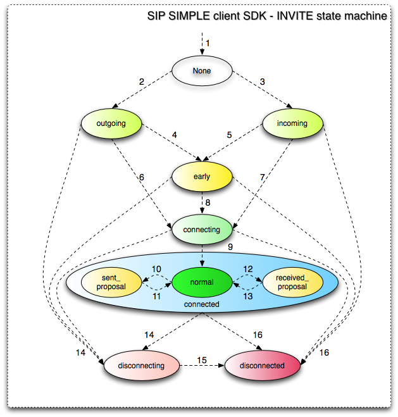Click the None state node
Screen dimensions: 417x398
(x=202, y=71)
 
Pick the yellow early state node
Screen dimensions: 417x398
(x=202, y=177)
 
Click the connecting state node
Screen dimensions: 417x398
(x=202, y=230)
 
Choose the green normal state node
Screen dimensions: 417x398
(x=202, y=282)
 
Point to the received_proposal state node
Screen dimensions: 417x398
(x=292, y=282)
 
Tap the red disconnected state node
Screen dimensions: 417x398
(x=263, y=365)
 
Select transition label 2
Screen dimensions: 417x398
(x=142, y=82)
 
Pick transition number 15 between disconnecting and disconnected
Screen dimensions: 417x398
(x=202, y=360)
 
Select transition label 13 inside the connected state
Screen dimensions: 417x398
(x=247, y=296)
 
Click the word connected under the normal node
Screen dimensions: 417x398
(x=202, y=304)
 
